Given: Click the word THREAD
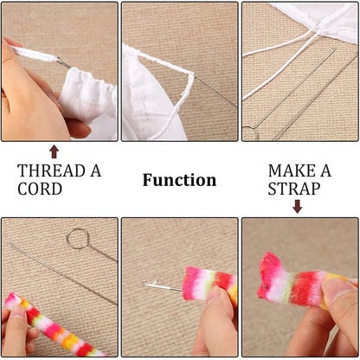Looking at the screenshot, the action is click(51, 170).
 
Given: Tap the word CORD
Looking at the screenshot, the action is click(40, 189).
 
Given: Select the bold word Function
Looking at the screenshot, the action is click(179, 180).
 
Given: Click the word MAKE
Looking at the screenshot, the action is click(292, 170).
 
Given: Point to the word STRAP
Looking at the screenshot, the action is click(294, 189).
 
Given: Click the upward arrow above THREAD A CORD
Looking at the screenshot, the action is click(54, 151).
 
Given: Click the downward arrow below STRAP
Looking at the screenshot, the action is click(298, 206).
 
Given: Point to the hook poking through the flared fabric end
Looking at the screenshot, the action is click(267, 286).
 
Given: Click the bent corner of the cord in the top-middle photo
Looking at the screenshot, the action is click(191, 74).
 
